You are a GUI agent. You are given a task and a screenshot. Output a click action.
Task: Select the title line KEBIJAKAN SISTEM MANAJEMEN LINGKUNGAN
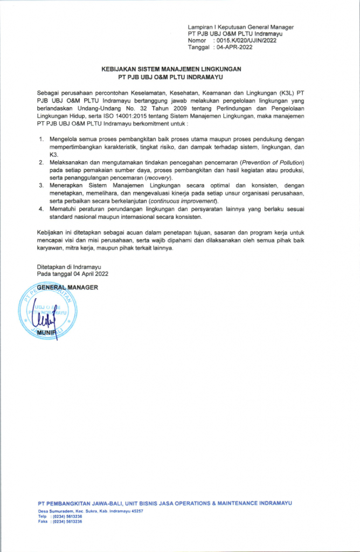pos(172,70)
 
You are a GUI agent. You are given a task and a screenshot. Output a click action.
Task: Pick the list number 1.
pos(42,139)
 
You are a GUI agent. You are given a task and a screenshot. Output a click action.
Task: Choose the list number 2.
pos(42,162)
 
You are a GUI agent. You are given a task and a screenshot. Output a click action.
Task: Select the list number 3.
pos(42,185)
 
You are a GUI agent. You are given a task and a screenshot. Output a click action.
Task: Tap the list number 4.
pos(42,209)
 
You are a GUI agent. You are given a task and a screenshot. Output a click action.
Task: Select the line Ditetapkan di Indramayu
pos(69,267)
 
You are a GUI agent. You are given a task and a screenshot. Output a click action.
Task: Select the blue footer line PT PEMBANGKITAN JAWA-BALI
pos(165,503)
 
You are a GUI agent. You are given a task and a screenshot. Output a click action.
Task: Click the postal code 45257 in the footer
pos(134,510)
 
